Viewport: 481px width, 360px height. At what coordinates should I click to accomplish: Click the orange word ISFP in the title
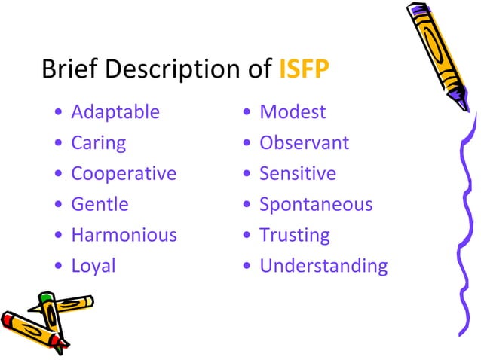tap(304, 70)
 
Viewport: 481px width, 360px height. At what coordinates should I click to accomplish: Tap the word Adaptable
tap(115, 112)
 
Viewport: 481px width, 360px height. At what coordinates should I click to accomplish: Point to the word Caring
tap(99, 143)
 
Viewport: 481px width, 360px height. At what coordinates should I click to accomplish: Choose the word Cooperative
tap(124, 174)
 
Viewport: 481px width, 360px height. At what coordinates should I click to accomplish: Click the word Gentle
tap(100, 204)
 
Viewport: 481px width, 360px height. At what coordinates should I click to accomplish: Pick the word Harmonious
tap(124, 235)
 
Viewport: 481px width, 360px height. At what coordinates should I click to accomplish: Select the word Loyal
tap(93, 266)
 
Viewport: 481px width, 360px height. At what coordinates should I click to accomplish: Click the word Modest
tap(293, 112)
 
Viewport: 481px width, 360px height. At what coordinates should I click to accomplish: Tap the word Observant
tap(304, 143)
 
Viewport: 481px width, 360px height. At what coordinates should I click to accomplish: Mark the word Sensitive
tap(298, 174)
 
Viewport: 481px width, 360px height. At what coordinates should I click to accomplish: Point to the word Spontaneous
tap(316, 204)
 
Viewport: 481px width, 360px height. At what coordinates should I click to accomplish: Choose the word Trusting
tap(295, 235)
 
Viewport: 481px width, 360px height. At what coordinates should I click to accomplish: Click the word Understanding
tap(323, 266)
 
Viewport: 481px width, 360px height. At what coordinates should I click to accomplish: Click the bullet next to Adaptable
tap(59, 113)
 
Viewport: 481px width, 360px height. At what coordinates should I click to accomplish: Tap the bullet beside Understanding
tap(247, 267)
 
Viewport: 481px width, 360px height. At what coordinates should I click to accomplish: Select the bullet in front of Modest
tap(247, 113)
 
